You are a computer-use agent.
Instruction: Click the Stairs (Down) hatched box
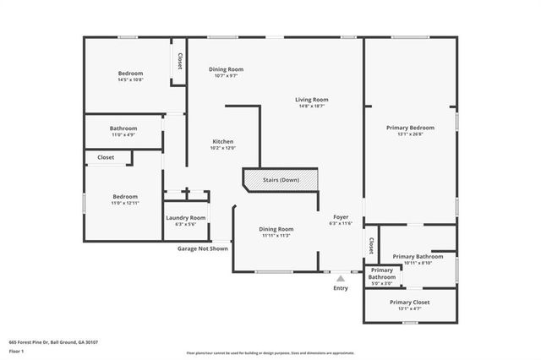281,180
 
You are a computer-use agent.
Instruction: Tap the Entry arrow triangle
341,277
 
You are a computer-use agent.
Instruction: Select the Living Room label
312,99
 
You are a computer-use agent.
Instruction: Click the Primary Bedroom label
409,127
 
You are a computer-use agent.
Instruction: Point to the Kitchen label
222,141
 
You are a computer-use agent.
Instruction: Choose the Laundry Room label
185,217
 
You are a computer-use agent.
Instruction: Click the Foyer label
341,217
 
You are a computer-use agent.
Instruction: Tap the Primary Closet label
409,302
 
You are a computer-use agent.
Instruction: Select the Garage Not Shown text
202,248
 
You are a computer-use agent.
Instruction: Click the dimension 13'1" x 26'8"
409,134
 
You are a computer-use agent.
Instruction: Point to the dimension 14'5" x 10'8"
130,80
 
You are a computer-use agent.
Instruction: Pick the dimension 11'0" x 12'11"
124,203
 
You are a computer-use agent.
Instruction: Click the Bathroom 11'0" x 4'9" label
123,131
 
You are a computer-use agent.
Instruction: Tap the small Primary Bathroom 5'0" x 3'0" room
381,276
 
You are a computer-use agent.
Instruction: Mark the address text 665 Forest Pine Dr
53,341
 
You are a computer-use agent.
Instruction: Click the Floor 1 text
17,349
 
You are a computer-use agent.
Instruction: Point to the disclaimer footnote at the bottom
270,352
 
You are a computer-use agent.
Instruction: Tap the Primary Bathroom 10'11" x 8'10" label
418,259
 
